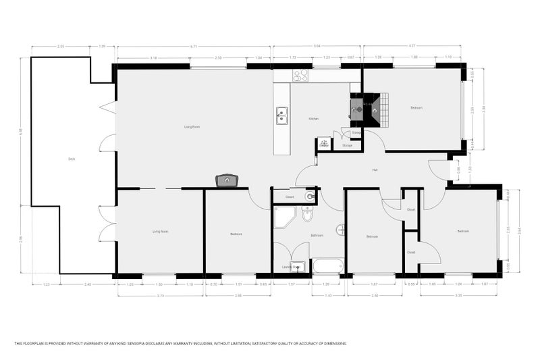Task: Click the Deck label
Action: tap(71, 159)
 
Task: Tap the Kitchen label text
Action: tap(313, 118)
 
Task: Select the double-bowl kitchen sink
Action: tap(282, 116)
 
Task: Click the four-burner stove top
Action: tap(300, 76)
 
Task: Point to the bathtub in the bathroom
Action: tap(328, 265)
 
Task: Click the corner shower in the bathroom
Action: tap(283, 218)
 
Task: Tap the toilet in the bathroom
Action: tap(307, 215)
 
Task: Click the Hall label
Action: tap(374, 170)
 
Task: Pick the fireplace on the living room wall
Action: tap(227, 180)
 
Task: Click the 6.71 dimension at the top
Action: tap(194, 47)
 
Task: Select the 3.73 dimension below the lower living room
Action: tap(160, 295)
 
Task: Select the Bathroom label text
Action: tap(317, 235)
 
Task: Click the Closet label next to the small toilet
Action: tap(289, 197)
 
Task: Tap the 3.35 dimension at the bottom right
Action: tap(460, 295)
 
